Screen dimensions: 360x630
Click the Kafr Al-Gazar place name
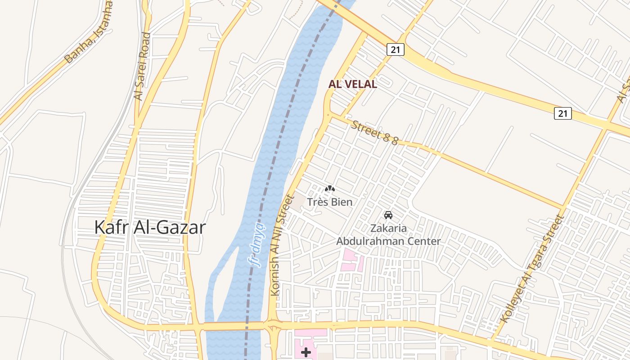(x=150, y=227)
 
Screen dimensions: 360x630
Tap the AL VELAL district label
(x=352, y=84)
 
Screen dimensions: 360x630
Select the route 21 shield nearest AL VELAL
(x=395, y=49)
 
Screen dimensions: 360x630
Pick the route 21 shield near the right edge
(x=562, y=113)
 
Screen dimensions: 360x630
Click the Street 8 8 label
(x=374, y=133)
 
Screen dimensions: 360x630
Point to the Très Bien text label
(x=329, y=202)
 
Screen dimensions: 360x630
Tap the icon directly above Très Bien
(x=330, y=189)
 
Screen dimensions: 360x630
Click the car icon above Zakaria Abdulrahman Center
(x=388, y=215)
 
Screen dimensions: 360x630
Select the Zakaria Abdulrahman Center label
(x=388, y=235)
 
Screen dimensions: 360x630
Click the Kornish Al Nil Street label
(x=283, y=245)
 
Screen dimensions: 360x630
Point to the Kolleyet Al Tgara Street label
(x=532, y=269)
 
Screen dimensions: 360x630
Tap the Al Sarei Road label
(x=142, y=66)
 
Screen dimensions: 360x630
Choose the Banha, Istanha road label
(x=89, y=32)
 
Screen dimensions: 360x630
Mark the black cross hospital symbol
(x=306, y=352)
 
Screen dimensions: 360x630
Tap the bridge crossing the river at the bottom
(x=234, y=326)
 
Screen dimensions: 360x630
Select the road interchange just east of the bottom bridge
(x=273, y=326)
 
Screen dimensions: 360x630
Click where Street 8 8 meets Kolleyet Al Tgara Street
(x=562, y=208)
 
